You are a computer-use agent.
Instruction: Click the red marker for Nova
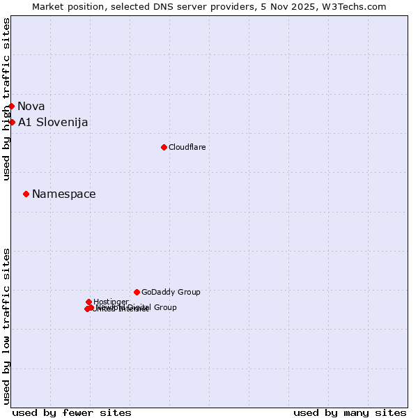pos(12,107)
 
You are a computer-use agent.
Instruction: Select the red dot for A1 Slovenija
pos(12,123)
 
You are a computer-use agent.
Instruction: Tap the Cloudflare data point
pos(164,147)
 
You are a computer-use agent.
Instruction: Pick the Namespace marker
pos(26,194)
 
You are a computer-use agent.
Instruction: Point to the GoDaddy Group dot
pos(137,292)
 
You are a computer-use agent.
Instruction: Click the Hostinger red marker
pos(88,302)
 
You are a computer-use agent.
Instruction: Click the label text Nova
pos(31,107)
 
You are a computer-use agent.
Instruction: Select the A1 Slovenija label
pos(53,123)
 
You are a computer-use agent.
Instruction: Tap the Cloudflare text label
pos(187,147)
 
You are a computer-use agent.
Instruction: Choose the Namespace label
pos(64,194)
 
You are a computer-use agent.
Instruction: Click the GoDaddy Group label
pos(171,292)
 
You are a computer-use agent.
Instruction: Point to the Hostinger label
pos(111,302)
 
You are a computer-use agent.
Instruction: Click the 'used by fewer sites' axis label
pos(72,412)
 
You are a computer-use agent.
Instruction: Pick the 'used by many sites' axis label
pos(350,412)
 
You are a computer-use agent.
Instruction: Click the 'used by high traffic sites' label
pos(7,100)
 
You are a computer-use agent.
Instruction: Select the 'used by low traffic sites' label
pos(7,325)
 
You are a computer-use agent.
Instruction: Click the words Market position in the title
pos(65,7)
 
